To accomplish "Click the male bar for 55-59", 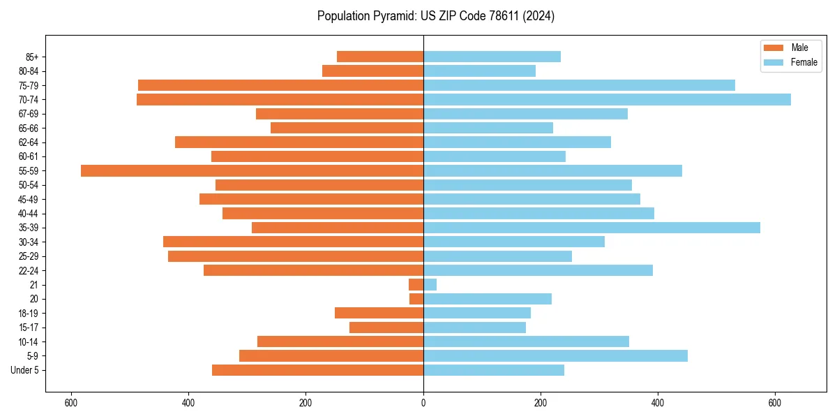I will (252, 170).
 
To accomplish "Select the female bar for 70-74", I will (607, 99).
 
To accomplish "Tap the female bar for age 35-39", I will (591, 228).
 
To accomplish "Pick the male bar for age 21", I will (416, 284).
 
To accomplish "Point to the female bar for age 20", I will (488, 299).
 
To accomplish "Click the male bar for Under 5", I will (317, 370).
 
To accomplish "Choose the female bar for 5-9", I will (555, 355).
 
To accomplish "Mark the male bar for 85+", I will (380, 57).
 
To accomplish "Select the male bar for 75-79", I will (280, 85).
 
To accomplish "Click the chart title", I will (435, 16).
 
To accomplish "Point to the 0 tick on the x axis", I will (423, 403).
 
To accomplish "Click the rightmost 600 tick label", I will (775, 403).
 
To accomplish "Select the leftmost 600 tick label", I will (70, 403).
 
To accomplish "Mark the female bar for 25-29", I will (497, 256).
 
